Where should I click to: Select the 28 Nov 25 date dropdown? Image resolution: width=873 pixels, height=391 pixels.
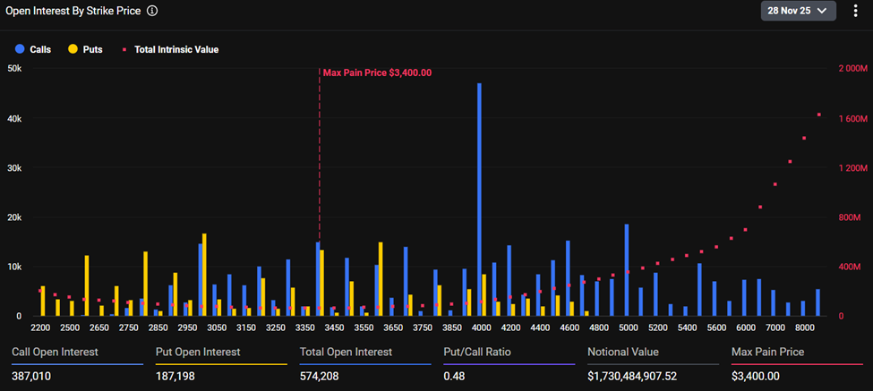pyautogui.click(x=798, y=11)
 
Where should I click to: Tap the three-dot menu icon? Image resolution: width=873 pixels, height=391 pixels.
pyautogui.click(x=855, y=11)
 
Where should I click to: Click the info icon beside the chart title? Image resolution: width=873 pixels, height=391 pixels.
pyautogui.click(x=152, y=11)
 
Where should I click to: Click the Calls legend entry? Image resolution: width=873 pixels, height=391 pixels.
pyautogui.click(x=34, y=50)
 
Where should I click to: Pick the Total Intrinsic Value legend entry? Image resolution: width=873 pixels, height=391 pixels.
pyautogui.click(x=169, y=50)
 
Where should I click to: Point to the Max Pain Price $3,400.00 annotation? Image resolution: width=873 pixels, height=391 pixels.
pyautogui.click(x=377, y=73)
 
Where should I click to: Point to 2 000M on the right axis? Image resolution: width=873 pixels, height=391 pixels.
pyautogui.click(x=851, y=69)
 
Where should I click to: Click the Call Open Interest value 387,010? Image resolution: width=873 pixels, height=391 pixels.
pyautogui.click(x=31, y=377)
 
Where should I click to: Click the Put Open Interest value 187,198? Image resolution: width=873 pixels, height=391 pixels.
pyautogui.click(x=175, y=377)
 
